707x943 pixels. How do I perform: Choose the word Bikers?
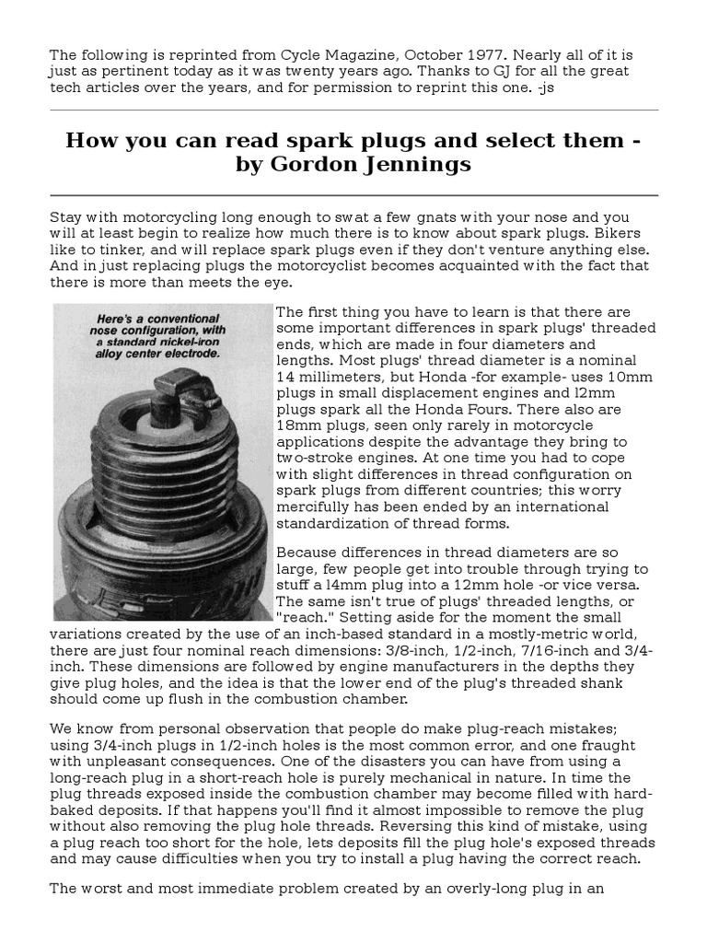620,234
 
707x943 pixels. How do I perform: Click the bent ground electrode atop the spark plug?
192,403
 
